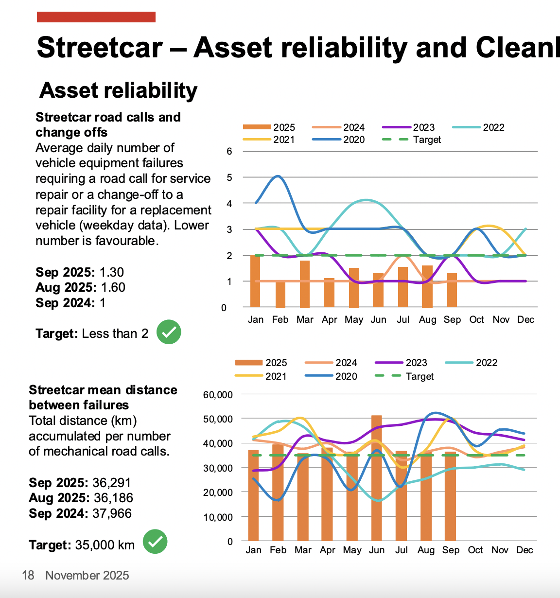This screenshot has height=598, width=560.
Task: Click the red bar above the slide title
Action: click(x=96, y=17)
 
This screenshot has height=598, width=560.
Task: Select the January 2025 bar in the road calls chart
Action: click(x=255, y=281)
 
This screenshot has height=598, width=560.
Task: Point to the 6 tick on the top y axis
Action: click(x=229, y=151)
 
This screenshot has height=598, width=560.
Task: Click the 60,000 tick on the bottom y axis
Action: click(x=218, y=395)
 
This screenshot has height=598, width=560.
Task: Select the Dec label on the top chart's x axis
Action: click(x=525, y=319)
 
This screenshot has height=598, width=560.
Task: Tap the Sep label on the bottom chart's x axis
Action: click(x=451, y=550)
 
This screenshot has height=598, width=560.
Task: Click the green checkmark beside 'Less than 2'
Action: click(x=169, y=333)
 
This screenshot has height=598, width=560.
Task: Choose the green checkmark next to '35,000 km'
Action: click(x=155, y=542)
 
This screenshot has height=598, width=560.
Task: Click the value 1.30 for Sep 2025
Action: click(x=111, y=272)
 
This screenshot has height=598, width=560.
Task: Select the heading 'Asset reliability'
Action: click(x=119, y=90)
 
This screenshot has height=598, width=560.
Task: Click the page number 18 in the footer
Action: click(x=28, y=576)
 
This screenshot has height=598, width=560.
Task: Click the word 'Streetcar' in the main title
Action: click(x=100, y=48)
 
